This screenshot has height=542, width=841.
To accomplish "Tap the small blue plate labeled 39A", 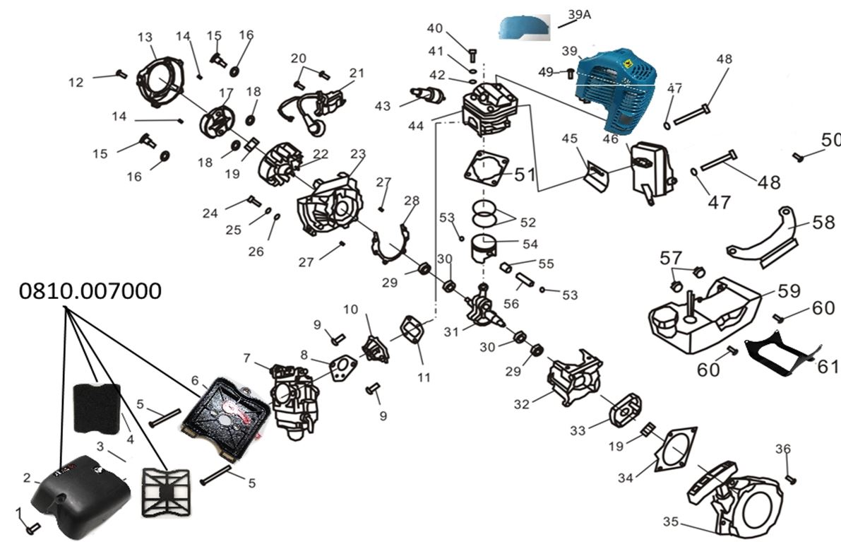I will point(523,28).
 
